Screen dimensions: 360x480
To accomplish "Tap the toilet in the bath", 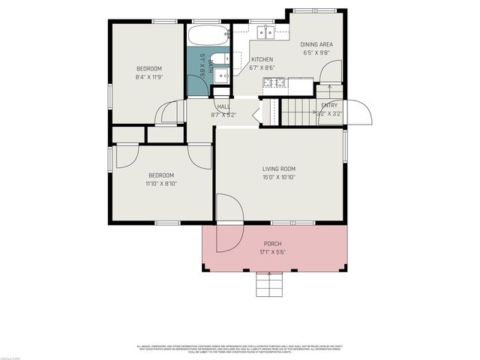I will coord(220,59).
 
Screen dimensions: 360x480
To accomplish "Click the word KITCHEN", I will coord(262,59).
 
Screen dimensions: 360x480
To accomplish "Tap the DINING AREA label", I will coord(316,44).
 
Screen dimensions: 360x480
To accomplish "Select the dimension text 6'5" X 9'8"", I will coord(316,53).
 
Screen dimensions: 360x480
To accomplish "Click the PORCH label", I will coord(272,244).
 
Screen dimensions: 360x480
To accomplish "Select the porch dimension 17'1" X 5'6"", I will coord(272,253).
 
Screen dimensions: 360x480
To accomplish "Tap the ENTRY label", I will coord(329,106).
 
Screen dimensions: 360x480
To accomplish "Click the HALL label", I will coord(223,106).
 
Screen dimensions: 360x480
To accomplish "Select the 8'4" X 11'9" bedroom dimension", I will coord(148,77).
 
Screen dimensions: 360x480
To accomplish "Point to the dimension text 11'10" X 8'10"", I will coord(160,183).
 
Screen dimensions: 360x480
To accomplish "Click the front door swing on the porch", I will coord(228,236).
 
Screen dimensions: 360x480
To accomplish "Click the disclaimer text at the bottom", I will coord(240,349).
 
